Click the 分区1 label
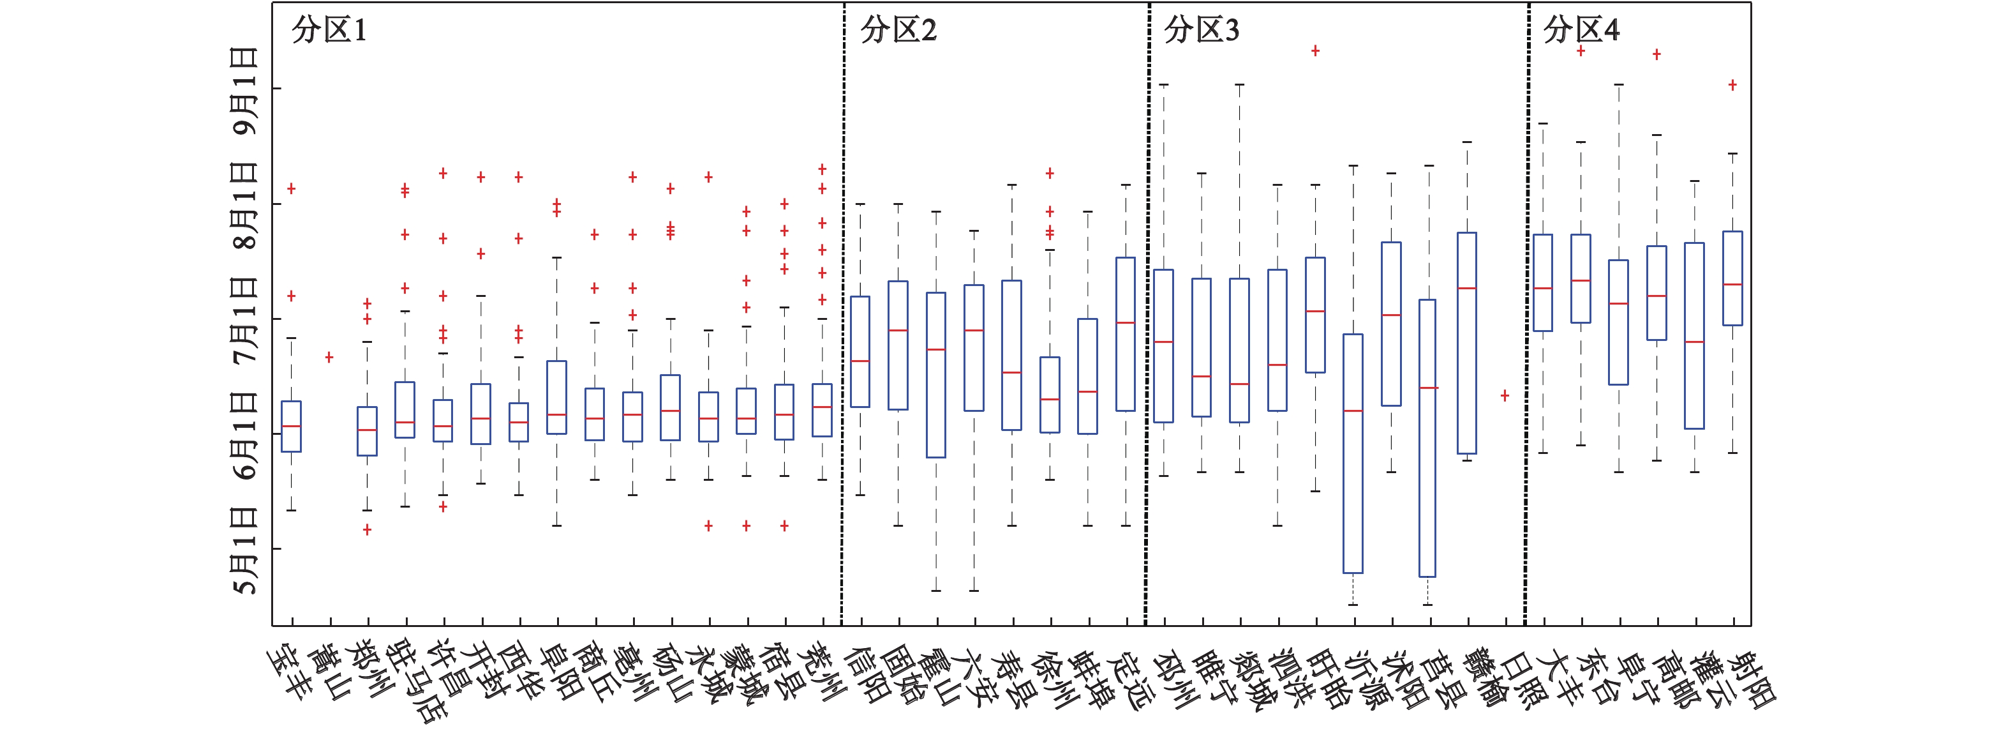pos(329,31)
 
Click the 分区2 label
pos(898,31)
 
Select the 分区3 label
pos(1201,31)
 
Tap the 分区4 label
pos(1581,31)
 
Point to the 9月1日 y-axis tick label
pos(245,91)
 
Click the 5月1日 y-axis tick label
pos(245,550)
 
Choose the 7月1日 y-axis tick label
pos(245,320)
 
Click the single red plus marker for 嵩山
pos(329,358)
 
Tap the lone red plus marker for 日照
pos(1505,396)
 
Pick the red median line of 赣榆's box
pos(1467,289)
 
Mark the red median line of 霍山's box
pos(936,350)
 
